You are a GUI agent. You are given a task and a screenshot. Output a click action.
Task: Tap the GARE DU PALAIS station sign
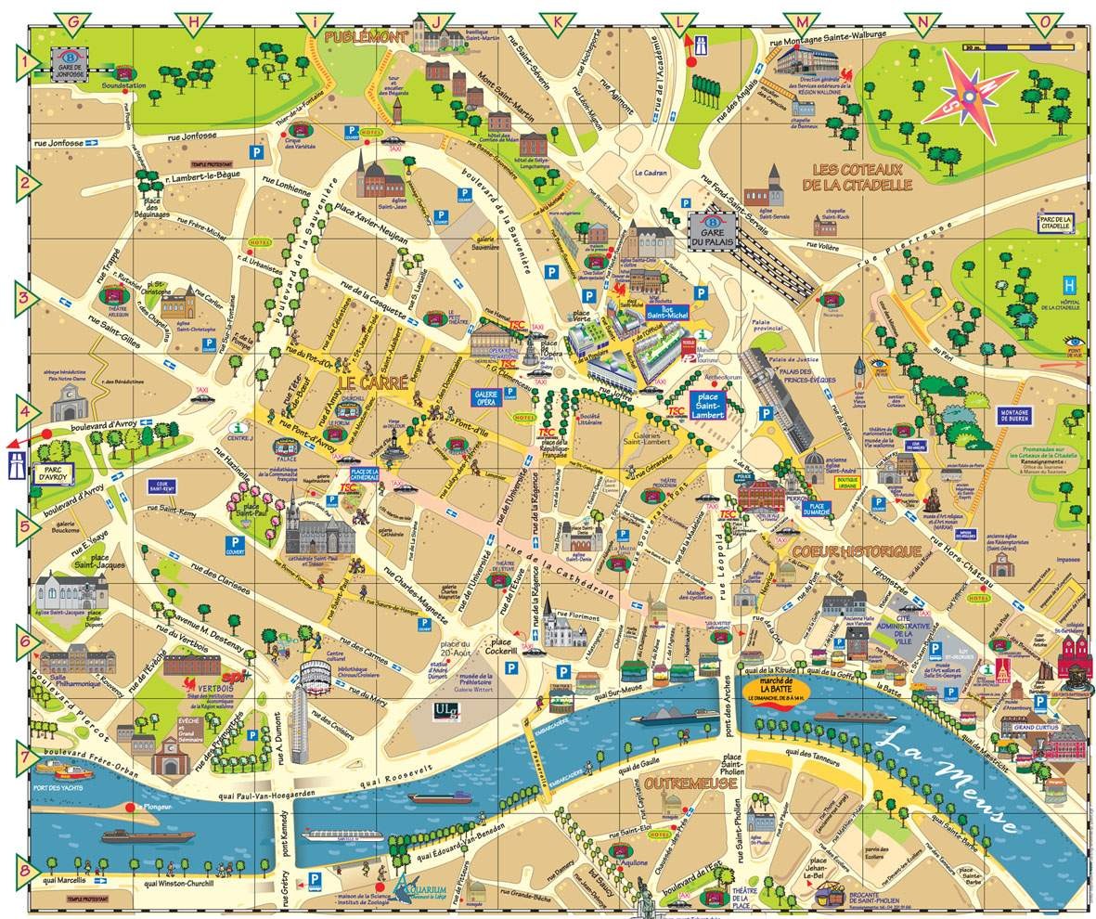click(x=717, y=230)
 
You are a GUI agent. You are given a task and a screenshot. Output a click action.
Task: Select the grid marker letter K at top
click(x=557, y=19)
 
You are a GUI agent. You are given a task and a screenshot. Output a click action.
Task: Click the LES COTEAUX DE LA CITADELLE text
click(x=861, y=177)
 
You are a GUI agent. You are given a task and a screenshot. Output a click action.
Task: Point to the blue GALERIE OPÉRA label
click(x=496, y=396)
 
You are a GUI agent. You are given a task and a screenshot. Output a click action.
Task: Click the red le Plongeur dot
click(x=135, y=807)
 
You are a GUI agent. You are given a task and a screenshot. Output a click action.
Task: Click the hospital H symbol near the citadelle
click(x=1070, y=284)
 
